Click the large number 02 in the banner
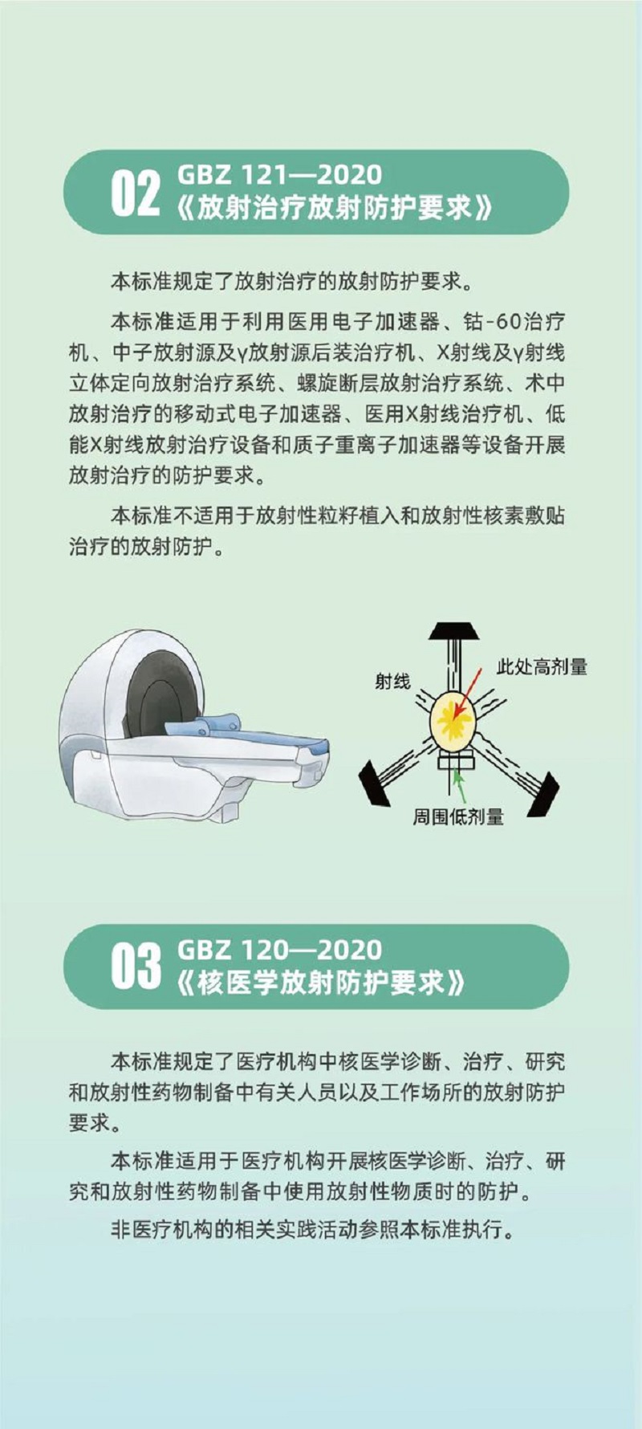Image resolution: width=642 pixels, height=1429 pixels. click(x=135, y=193)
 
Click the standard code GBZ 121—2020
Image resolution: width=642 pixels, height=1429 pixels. click(x=279, y=174)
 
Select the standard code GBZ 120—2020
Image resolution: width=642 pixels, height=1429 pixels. click(x=279, y=950)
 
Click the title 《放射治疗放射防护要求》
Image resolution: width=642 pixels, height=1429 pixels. click(x=332, y=208)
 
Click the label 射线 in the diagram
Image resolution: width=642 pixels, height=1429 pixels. click(x=392, y=682)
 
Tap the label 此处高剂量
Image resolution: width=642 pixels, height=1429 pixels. click(x=542, y=666)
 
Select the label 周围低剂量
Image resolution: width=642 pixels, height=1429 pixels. click(x=458, y=817)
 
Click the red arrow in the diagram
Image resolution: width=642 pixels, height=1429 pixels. click(x=469, y=692)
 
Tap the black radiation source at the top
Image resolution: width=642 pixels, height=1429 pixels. click(x=454, y=631)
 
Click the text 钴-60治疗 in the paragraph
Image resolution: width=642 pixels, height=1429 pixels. click(x=514, y=322)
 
